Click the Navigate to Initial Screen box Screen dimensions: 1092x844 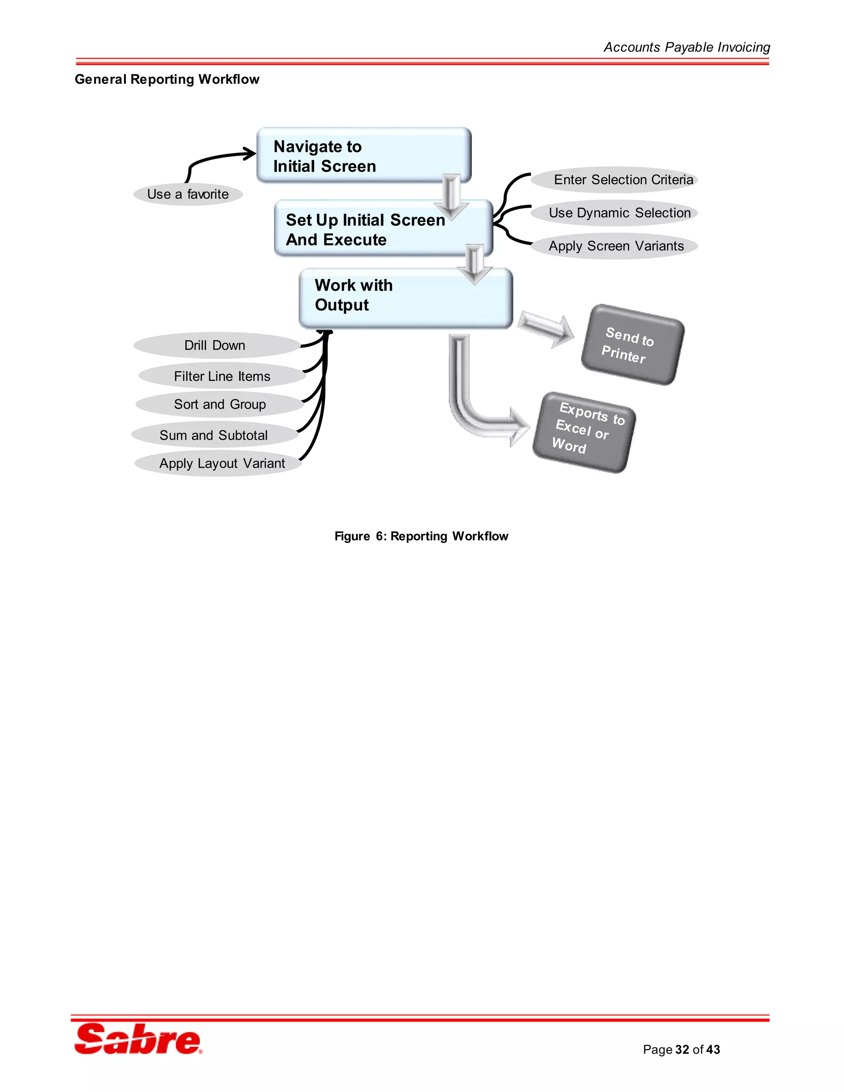click(x=363, y=155)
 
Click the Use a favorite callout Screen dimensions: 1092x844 click(x=188, y=194)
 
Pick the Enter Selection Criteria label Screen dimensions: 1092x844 click(x=623, y=180)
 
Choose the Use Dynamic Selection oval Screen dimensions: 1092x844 click(x=619, y=213)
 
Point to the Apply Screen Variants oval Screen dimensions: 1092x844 click(x=616, y=246)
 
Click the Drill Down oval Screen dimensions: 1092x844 click(x=215, y=345)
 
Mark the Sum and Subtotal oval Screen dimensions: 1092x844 click(x=214, y=435)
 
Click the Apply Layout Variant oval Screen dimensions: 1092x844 click(x=222, y=463)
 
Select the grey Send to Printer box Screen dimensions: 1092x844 click(x=632, y=344)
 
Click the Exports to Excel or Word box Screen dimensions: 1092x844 click(x=584, y=433)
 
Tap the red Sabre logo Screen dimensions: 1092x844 click(x=138, y=1038)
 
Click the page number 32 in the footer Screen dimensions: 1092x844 click(x=682, y=1050)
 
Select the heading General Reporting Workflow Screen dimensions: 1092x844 click(x=167, y=79)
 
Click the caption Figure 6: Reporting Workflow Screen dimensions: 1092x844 click(x=421, y=536)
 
